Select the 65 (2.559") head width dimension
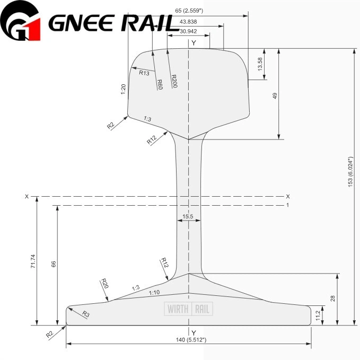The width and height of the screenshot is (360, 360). pos(192,10)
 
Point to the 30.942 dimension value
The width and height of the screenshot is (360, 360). pos(188,31)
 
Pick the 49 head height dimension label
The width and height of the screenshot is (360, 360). pos(275,95)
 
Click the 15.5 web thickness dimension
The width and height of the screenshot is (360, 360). pos(188,216)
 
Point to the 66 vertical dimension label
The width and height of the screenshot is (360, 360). pos(54,264)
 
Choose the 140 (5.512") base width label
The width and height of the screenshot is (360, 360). pos(188,339)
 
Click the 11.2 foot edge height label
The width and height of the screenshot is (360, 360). pos(318,315)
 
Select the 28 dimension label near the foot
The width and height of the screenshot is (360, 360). pos(332,299)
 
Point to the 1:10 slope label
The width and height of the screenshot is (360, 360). pos(154,293)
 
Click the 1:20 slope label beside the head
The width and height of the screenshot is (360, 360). pos(123,89)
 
